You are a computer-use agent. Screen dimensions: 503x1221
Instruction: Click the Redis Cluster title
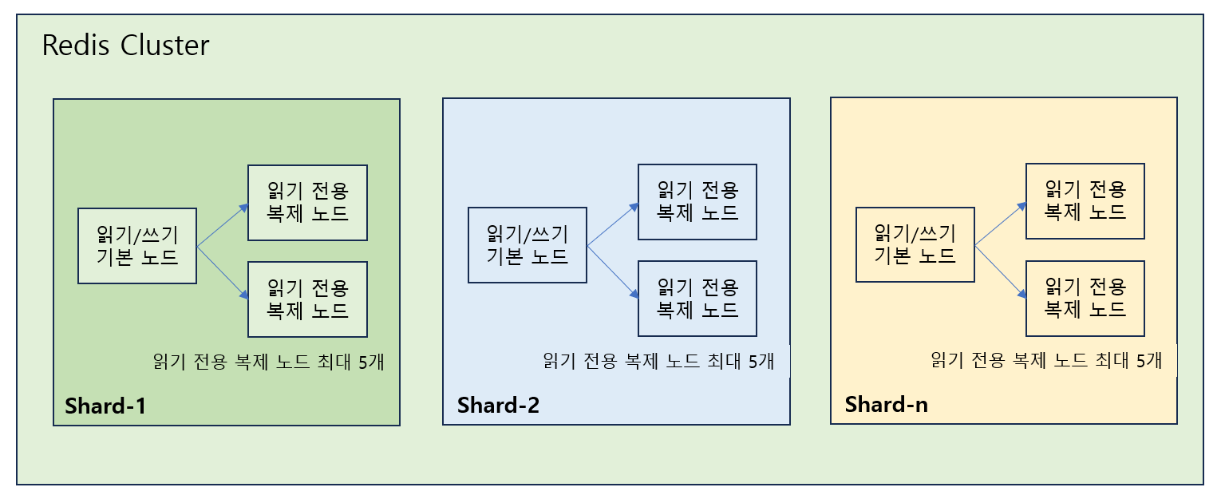[125, 46]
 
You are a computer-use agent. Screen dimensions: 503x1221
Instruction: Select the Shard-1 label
[105, 406]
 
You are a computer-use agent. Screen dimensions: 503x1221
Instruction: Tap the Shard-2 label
[498, 405]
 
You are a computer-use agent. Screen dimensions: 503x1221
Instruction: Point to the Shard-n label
[886, 404]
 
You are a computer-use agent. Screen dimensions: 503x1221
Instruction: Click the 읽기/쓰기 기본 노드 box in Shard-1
[137, 246]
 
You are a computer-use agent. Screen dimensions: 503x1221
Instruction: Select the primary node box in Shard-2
[527, 245]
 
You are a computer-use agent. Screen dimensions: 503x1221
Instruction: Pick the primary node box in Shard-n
[915, 244]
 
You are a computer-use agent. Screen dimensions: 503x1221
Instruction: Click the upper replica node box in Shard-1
[307, 203]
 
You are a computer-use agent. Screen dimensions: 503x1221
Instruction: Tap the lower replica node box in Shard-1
[307, 299]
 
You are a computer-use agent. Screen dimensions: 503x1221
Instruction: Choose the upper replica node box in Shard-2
[697, 202]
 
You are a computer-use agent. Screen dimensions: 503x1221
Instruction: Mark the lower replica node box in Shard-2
[697, 298]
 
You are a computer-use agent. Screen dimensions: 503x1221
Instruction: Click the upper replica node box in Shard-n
[1085, 200]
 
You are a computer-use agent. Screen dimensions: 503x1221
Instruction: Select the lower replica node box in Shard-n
[1085, 297]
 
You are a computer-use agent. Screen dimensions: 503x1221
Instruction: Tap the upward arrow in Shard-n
[1000, 224]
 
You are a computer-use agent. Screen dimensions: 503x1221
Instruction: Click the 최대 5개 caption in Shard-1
[269, 361]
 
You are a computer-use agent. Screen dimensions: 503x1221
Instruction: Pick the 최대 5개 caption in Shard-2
[658, 361]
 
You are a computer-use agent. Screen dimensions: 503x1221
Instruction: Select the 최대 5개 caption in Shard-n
[1046, 360]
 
